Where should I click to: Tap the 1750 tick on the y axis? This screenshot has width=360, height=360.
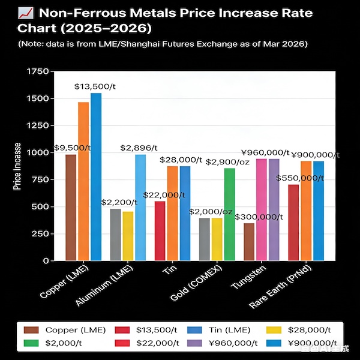[x=38, y=71]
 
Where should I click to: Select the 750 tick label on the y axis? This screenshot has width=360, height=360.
[x=41, y=180]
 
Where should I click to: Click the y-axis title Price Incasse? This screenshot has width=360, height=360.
[x=18, y=166]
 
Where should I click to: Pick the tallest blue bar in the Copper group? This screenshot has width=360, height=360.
[x=95, y=177]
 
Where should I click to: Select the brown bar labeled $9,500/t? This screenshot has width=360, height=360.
[x=71, y=207]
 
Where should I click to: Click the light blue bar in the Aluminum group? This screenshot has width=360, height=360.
[x=140, y=207]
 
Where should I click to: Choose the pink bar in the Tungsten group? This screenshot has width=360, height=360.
[x=262, y=209]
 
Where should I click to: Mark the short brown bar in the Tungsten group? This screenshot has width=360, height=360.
[x=249, y=241]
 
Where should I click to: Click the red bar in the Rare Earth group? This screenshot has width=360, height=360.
[x=293, y=222]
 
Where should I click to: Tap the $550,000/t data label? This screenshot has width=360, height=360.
[x=299, y=178]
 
